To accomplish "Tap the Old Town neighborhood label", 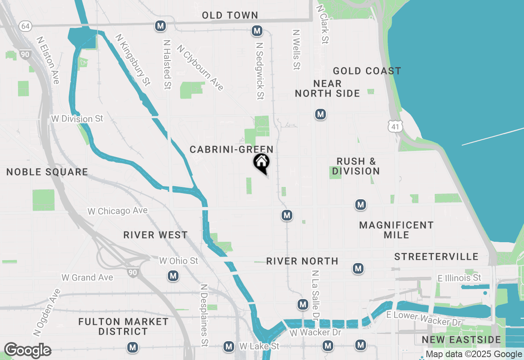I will click(x=230, y=16).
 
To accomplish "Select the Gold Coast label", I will click(x=367, y=71).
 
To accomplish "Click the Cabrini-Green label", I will click(x=231, y=150).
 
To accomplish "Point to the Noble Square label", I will click(x=47, y=172).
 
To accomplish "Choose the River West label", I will click(x=156, y=235).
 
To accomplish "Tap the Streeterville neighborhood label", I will click(x=436, y=257).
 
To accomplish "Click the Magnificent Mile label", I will click(x=396, y=230).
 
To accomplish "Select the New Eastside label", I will click(x=461, y=340).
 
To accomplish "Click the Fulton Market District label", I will click(x=123, y=326).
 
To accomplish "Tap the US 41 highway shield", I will click(x=395, y=126).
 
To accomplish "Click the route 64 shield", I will click(x=25, y=26).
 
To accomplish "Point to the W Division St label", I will click(x=77, y=119).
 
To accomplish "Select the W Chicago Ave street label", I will click(x=117, y=211).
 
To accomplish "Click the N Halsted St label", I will click(x=167, y=64).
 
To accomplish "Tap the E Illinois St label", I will click(x=459, y=278).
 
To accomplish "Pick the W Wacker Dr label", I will click(x=315, y=333).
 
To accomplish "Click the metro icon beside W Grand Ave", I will click(x=173, y=276).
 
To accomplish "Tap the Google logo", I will click(x=27, y=351).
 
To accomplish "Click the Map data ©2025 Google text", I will click(x=474, y=354).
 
